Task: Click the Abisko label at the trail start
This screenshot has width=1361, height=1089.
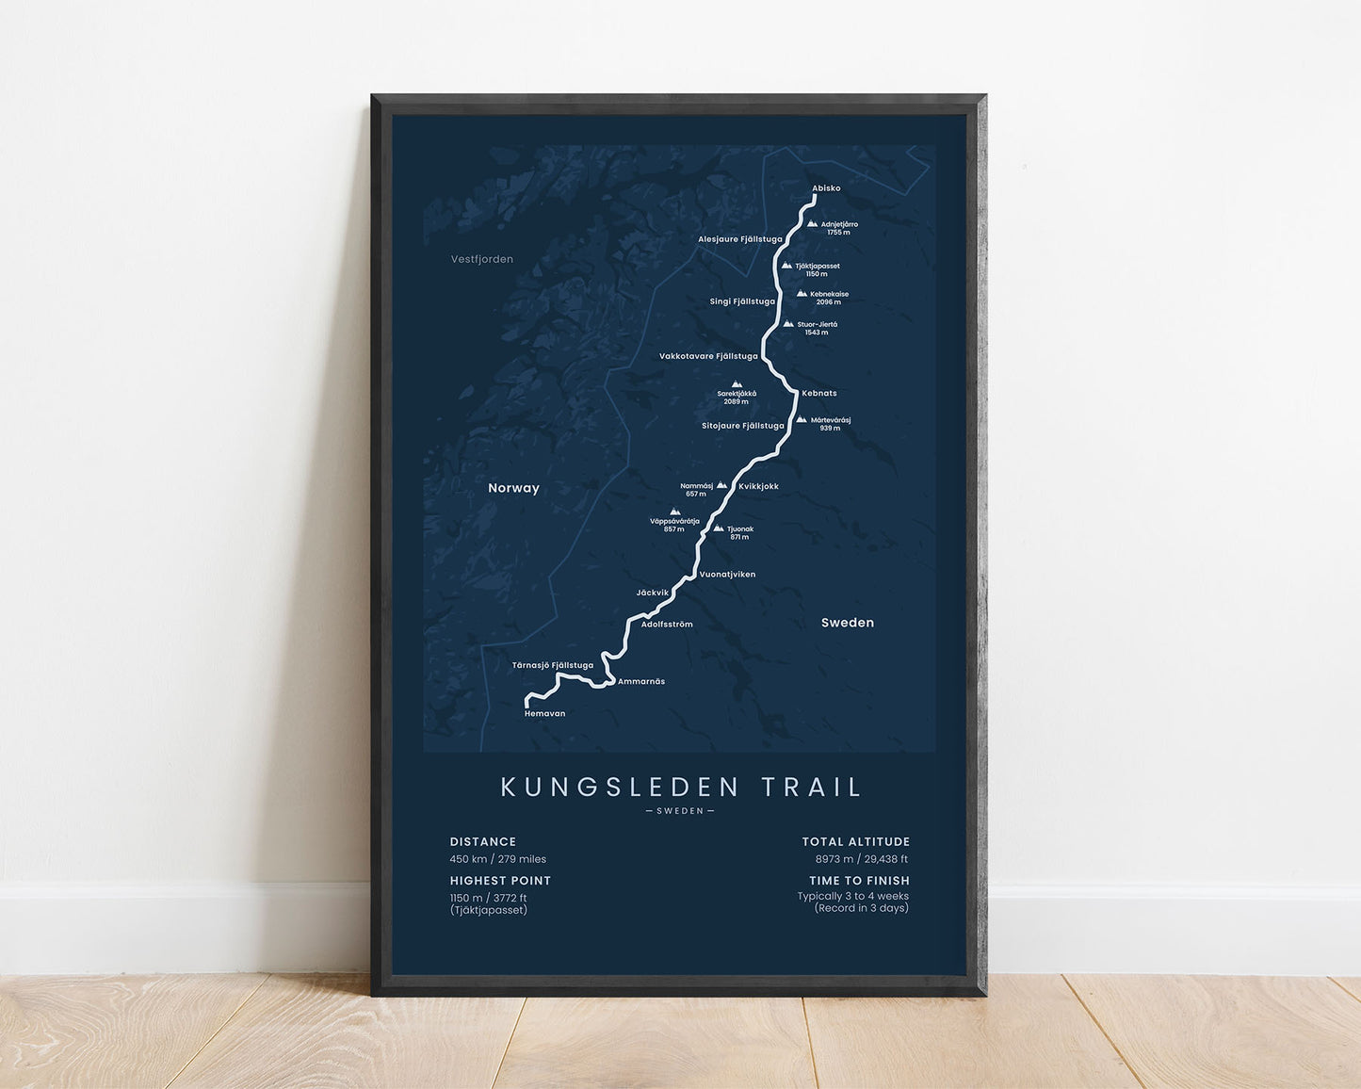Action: (x=826, y=188)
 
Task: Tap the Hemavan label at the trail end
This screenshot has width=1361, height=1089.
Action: (x=544, y=714)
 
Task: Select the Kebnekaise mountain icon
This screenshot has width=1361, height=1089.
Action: (x=802, y=294)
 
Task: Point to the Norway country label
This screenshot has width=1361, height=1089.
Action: (x=513, y=488)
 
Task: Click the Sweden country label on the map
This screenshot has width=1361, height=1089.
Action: (x=847, y=623)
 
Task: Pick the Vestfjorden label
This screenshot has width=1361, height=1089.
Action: (x=482, y=259)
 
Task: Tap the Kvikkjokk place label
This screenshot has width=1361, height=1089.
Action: (x=758, y=486)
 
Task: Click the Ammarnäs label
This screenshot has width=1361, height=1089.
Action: (x=640, y=681)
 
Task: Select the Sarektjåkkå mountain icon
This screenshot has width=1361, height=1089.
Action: (x=737, y=384)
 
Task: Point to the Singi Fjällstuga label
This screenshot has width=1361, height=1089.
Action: (x=742, y=301)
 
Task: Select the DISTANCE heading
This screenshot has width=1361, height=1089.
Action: (x=483, y=842)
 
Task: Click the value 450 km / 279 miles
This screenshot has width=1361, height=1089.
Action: (x=498, y=859)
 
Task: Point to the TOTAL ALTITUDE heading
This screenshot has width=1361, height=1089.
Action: (x=855, y=842)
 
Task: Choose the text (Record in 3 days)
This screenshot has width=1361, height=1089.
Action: (x=861, y=908)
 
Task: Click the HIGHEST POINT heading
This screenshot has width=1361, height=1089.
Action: (x=500, y=881)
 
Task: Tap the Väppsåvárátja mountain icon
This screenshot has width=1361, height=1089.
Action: (x=674, y=512)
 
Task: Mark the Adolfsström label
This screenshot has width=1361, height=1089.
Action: (x=666, y=624)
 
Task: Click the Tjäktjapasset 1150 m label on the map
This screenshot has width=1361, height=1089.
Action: (x=817, y=269)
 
